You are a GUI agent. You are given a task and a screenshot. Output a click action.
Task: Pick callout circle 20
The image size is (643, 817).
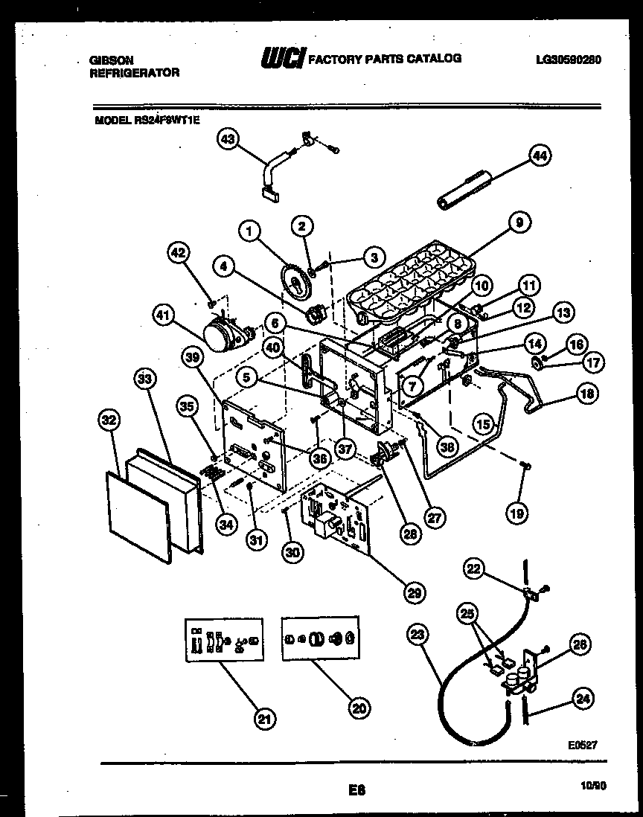(360, 708)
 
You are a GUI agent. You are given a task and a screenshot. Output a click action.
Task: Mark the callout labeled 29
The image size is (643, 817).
(416, 593)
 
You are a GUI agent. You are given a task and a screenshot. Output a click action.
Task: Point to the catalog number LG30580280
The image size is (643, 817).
(568, 60)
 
